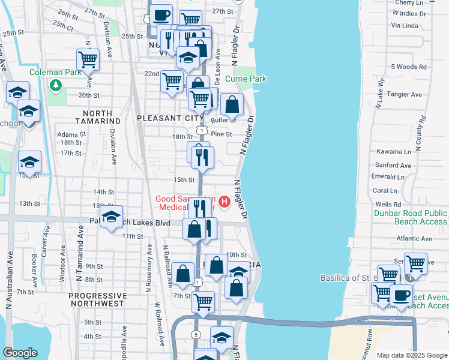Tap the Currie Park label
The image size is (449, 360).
coord(246,79)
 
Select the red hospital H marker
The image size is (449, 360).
coord(224,202)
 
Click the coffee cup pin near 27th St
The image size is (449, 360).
coord(160,16)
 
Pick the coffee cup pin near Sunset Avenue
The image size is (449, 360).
coord(401,295)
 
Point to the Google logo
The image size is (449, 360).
coord(20,353)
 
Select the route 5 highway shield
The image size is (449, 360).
coord(196,334)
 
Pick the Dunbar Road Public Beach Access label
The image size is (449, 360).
coord(411,217)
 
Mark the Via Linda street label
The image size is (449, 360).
coord(404,25)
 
